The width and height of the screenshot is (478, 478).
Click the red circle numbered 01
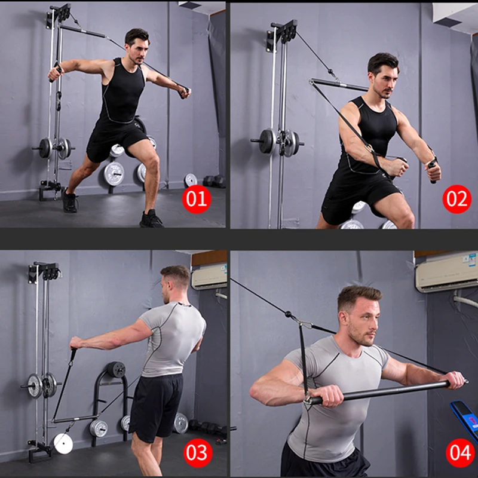point(197,198)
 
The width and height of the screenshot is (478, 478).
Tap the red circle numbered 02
point(456,198)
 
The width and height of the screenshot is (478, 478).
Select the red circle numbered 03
point(197,452)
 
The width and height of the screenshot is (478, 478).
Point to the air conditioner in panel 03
point(209,276)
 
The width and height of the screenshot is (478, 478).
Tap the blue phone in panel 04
point(465,418)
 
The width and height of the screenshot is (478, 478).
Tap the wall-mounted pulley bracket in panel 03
point(44,272)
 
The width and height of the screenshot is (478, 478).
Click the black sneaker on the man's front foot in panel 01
point(151,219)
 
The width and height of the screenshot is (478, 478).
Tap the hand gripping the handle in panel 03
point(75,343)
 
